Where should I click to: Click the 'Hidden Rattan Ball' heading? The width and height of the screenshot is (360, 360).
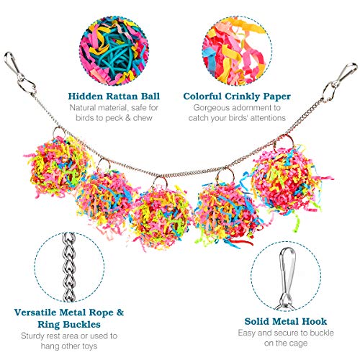tap(114, 96)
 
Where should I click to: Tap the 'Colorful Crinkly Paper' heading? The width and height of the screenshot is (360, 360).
tap(237, 96)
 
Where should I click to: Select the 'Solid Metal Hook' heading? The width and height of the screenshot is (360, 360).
tap(286, 321)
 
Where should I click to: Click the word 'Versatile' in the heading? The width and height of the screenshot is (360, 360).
tap(35, 312)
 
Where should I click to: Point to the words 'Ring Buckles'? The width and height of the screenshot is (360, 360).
tap(69, 325)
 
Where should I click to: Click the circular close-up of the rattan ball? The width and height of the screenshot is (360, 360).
tap(114, 51)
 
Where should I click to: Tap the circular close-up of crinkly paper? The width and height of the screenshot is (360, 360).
tap(237, 51)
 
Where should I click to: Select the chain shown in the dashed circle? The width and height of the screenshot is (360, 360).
tap(69, 267)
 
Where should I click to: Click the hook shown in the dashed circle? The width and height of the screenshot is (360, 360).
tap(287, 279)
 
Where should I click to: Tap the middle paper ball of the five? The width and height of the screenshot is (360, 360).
tap(160, 217)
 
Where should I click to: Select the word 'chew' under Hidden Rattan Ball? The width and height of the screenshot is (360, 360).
tap(143, 118)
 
